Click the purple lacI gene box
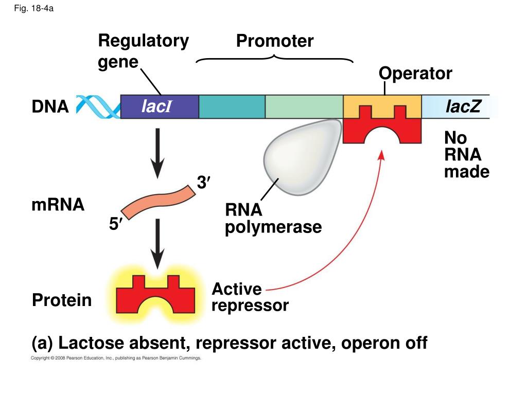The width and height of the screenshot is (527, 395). [x=160, y=107]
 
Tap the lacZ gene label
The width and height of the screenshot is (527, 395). [x=463, y=106]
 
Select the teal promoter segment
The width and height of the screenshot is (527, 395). [x=232, y=107]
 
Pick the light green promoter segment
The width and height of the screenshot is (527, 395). [x=304, y=107]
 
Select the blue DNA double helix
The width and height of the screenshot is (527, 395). [x=98, y=106]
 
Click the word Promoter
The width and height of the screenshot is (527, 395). [x=275, y=41]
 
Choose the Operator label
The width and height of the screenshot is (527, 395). [x=415, y=74]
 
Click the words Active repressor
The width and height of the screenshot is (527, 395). [x=250, y=297]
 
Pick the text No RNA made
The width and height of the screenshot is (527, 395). [x=466, y=155]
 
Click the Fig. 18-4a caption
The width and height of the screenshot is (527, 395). [x=34, y=9]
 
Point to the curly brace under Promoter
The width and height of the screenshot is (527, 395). [x=275, y=58]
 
